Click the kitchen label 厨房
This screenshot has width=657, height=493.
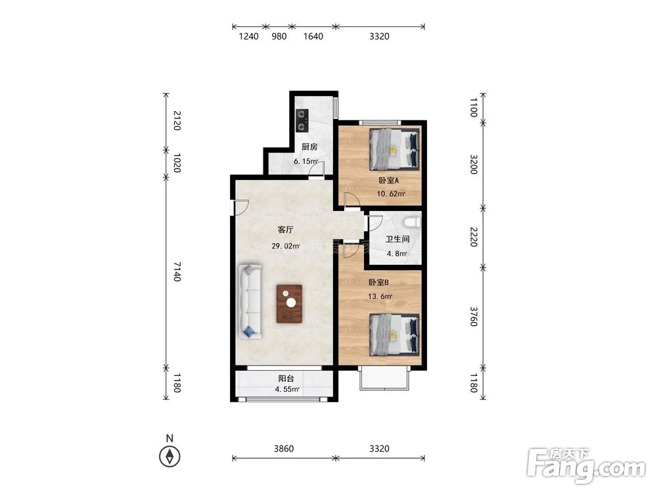(x=309, y=147)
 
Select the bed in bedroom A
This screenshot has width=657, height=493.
(x=394, y=149)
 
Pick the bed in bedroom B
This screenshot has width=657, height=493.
(x=394, y=335)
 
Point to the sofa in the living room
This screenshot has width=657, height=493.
(x=250, y=301)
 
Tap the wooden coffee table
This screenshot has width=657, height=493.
(x=290, y=304)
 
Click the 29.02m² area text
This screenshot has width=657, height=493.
(x=286, y=246)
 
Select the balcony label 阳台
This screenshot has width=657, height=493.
(x=286, y=379)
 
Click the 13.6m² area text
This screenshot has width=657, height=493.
(x=380, y=296)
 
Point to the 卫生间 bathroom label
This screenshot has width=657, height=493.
(x=397, y=239)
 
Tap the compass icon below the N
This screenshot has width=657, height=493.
(x=170, y=456)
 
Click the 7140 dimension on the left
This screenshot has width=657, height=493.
(x=177, y=271)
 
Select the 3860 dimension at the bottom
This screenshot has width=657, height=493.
(x=284, y=448)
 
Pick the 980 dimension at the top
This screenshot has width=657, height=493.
(x=279, y=36)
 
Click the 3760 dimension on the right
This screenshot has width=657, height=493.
(x=474, y=317)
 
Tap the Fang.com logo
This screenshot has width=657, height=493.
(x=586, y=465)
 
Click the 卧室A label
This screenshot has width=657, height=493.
(x=389, y=181)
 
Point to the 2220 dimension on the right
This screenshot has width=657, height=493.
(x=474, y=237)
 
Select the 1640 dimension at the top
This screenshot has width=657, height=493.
(x=313, y=36)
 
